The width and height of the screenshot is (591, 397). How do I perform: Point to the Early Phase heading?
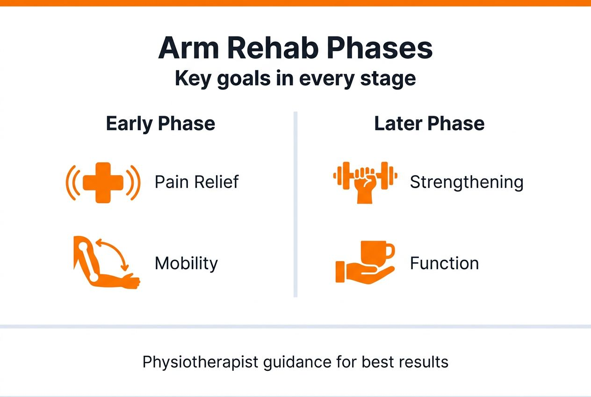click(160, 124)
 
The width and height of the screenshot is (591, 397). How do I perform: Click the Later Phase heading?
click(429, 124)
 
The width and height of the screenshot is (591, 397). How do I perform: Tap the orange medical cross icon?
click(103, 183)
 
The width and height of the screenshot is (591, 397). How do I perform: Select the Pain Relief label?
click(196, 182)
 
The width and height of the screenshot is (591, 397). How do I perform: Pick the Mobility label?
click(186, 264)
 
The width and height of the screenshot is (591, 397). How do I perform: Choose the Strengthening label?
click(466, 182)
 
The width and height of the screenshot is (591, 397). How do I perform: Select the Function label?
click(444, 264)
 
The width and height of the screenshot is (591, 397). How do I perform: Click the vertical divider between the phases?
click(295, 204)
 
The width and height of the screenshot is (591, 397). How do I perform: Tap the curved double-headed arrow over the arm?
click(115, 252)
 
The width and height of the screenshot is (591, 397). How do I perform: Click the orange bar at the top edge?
click(295, 3)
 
